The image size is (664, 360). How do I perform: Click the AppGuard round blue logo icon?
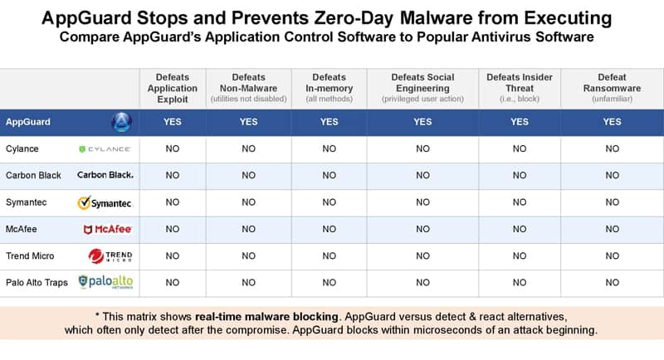pyautogui.click(x=121, y=122)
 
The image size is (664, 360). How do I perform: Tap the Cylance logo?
pyautogui.click(x=105, y=149)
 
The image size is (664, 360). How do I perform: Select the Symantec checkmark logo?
pyautogui.click(x=105, y=202)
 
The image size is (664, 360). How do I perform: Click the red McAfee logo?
pyautogui.click(x=108, y=229)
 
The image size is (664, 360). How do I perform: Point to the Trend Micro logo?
pyautogui.click(x=110, y=256)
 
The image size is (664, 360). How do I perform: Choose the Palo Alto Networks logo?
pyautogui.click(x=105, y=282)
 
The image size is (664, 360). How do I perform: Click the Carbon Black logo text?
pyautogui.click(x=105, y=175)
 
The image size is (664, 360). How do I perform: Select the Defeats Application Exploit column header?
pyautogui.click(x=173, y=89)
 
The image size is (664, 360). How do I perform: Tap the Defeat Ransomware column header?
pyautogui.click(x=612, y=88)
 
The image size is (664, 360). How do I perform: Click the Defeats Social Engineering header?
pyautogui.click(x=422, y=88)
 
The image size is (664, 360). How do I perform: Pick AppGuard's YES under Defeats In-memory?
pyautogui.click(x=329, y=122)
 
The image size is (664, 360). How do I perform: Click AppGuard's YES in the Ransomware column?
pyautogui.click(x=612, y=122)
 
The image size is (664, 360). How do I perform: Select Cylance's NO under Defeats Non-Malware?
pyautogui.click(x=248, y=149)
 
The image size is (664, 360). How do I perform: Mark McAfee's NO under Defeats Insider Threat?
pyautogui.click(x=520, y=229)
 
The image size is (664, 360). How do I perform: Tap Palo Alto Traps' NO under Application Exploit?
pyautogui.click(x=173, y=283)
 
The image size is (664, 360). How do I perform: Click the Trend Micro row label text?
pyautogui.click(x=30, y=256)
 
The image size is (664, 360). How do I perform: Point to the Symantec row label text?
pyautogui.click(x=27, y=202)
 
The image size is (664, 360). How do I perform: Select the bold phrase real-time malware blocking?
pyautogui.click(x=266, y=317)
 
